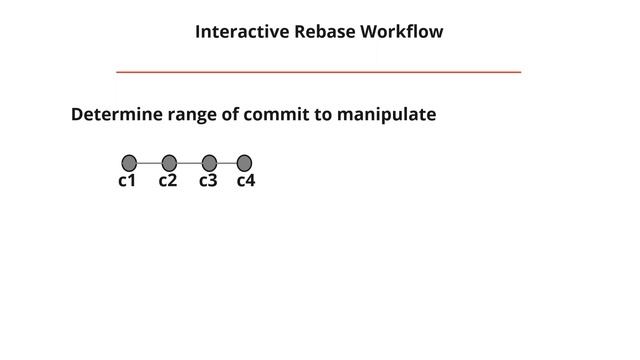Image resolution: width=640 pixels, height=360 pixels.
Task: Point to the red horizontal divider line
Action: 318,72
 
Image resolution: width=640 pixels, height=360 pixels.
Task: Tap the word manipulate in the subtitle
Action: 386,115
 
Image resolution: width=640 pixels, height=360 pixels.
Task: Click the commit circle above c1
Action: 129,163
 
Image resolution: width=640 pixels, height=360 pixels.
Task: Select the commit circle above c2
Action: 169,163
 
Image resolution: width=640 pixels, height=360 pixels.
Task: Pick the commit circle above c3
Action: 209,163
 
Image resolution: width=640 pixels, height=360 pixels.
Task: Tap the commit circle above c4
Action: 244,163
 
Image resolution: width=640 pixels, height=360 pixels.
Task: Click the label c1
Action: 127,181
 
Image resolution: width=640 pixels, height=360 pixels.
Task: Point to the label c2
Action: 167,181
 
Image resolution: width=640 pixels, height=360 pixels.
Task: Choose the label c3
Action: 208,181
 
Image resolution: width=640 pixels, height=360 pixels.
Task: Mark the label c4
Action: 246,181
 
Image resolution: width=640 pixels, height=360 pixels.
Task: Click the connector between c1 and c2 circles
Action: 149,163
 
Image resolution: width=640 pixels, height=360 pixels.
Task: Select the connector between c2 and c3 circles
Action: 189,163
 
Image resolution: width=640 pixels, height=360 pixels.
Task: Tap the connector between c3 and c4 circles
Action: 227,163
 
